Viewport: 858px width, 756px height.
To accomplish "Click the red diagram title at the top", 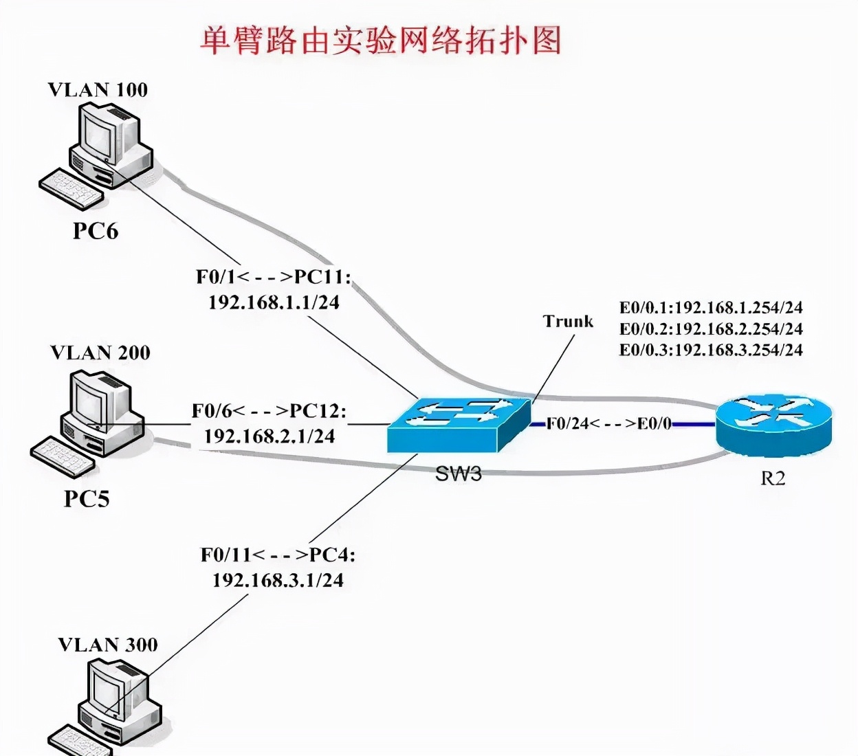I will click(x=381, y=41).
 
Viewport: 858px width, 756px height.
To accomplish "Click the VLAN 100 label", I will click(x=98, y=90).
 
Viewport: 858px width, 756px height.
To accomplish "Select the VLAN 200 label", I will click(x=100, y=353).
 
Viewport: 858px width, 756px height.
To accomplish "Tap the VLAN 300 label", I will click(x=108, y=645).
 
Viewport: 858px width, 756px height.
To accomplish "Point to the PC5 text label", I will click(x=87, y=499).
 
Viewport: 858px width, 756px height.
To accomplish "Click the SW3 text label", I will click(x=459, y=474).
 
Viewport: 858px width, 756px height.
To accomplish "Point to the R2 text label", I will click(x=773, y=478).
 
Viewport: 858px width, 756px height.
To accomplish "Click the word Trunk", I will click(x=568, y=322).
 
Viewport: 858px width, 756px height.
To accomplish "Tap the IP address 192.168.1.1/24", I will click(x=274, y=302).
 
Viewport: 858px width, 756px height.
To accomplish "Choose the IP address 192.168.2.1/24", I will click(x=269, y=436).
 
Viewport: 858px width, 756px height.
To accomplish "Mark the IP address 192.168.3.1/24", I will click(x=278, y=581).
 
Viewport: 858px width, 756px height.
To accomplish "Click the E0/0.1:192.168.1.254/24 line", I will click(x=711, y=308).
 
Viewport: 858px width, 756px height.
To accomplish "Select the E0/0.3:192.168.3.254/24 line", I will click(x=711, y=350).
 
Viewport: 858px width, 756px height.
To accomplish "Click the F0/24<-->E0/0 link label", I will click(x=609, y=423).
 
